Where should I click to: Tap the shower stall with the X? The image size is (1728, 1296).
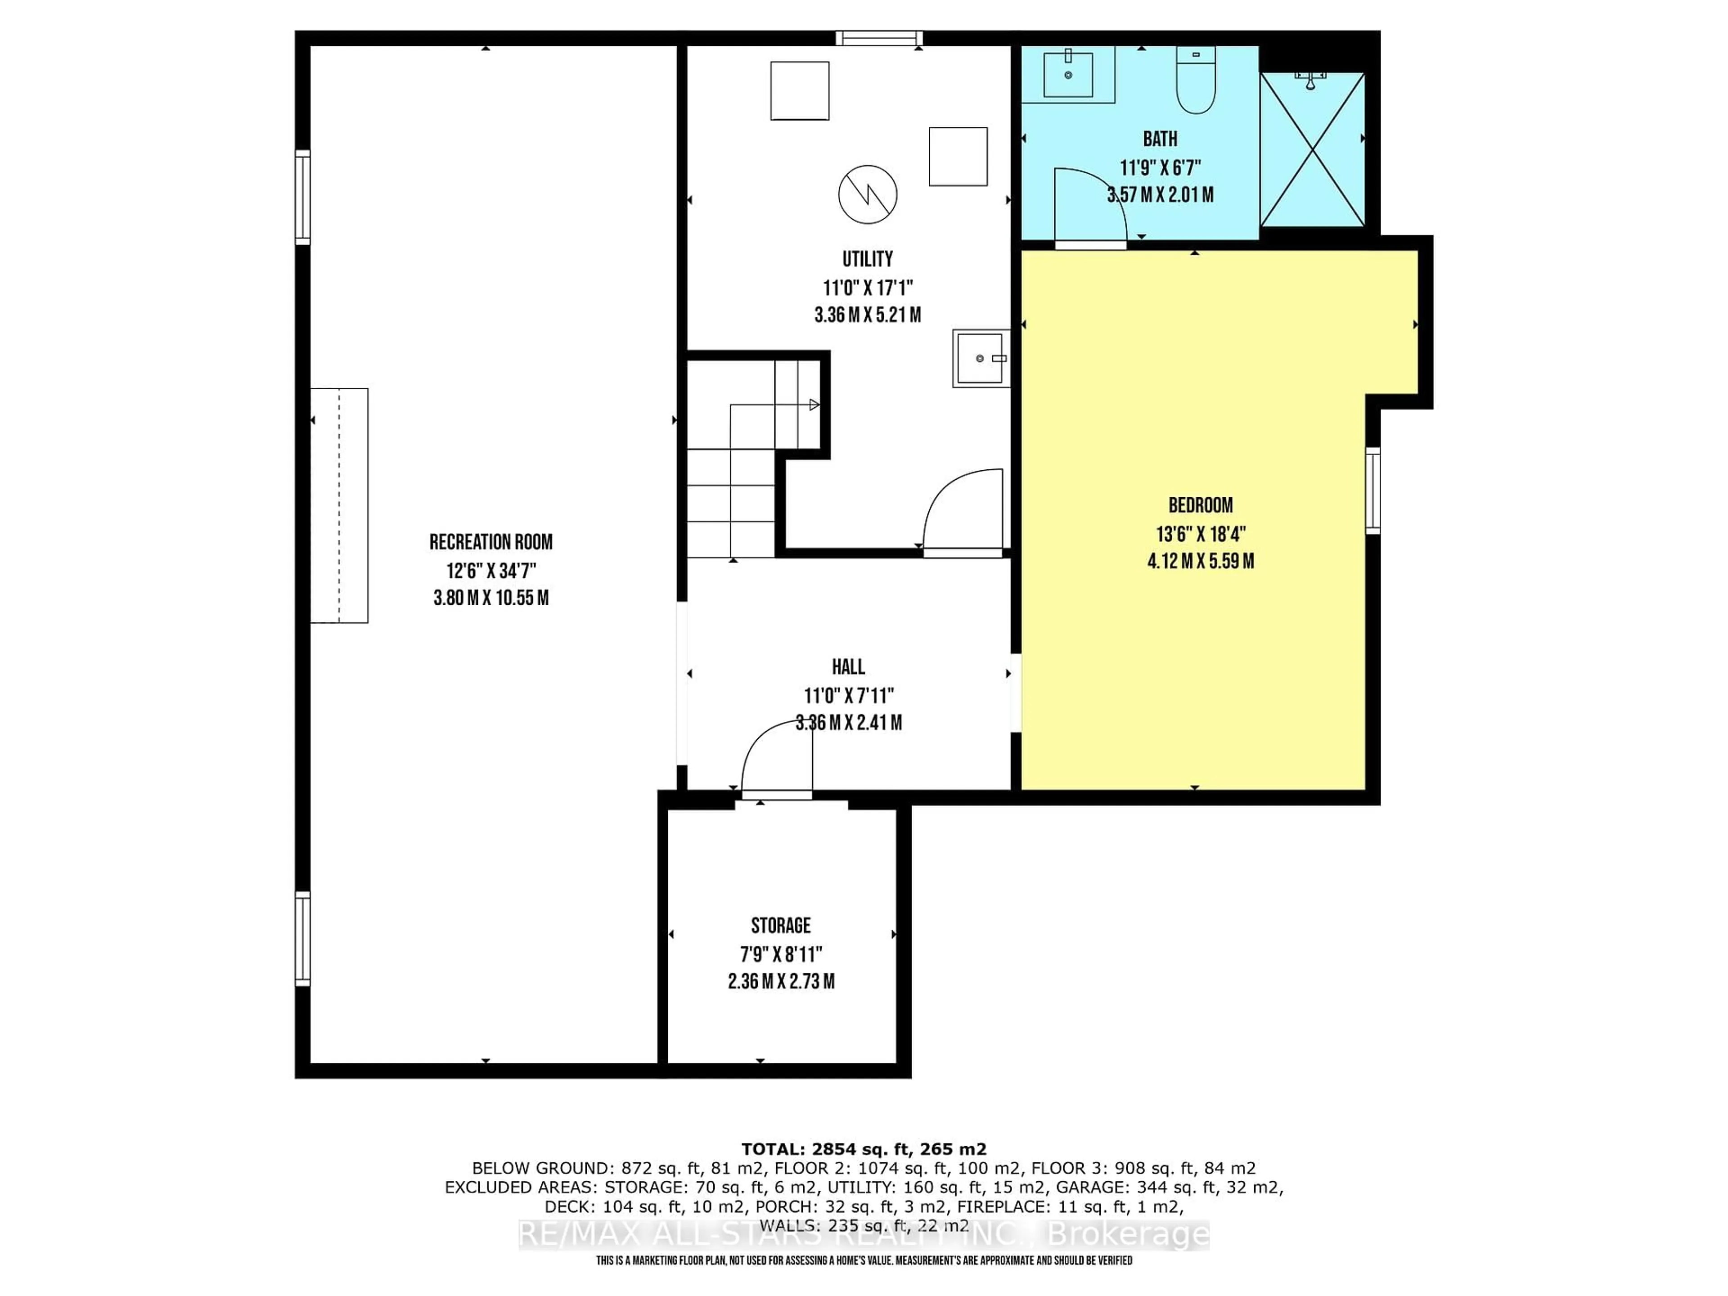[x=1312, y=150]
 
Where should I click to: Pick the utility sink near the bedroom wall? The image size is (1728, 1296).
[x=981, y=359]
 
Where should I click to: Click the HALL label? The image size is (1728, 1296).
[x=848, y=666]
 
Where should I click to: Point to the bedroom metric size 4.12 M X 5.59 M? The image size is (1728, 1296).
[x=1201, y=561]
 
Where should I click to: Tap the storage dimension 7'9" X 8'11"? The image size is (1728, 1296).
[x=781, y=954]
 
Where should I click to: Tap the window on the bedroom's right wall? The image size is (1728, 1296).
[x=1372, y=490]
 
